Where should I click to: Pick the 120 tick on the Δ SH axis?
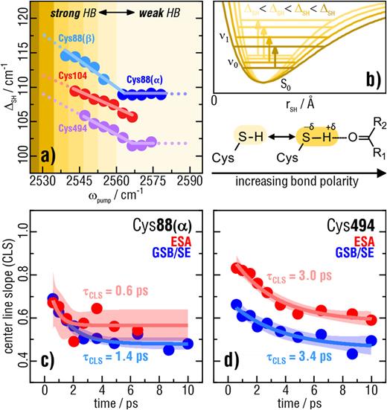point(25,15)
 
